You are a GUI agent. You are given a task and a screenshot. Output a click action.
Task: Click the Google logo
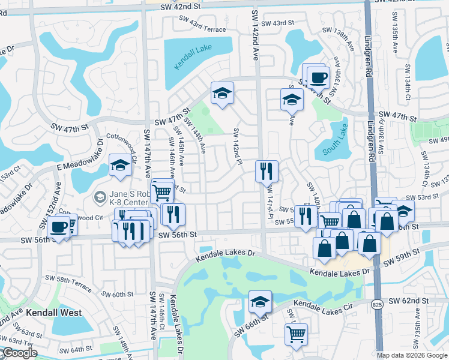pos(19,353)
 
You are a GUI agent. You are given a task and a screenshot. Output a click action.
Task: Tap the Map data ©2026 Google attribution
pos(412,355)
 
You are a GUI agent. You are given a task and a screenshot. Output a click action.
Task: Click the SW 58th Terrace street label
pos(69,284)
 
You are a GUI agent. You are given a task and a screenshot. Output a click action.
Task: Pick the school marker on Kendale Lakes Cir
pos(260,301)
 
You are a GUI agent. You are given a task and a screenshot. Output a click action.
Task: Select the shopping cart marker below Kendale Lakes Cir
pos(297,334)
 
